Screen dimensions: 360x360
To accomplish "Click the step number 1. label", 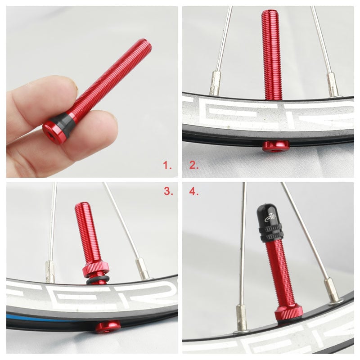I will [167, 166].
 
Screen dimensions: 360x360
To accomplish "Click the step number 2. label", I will [193, 166].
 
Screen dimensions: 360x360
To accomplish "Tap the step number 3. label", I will [168, 191].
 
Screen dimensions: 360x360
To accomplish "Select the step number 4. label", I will [193, 191].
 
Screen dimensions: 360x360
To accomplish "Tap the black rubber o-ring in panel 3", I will [96, 281].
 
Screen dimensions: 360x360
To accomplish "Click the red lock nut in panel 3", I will [95, 270].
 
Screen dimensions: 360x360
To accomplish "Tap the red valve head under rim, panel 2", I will [275, 146].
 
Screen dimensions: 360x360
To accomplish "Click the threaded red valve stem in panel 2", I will [272, 54].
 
